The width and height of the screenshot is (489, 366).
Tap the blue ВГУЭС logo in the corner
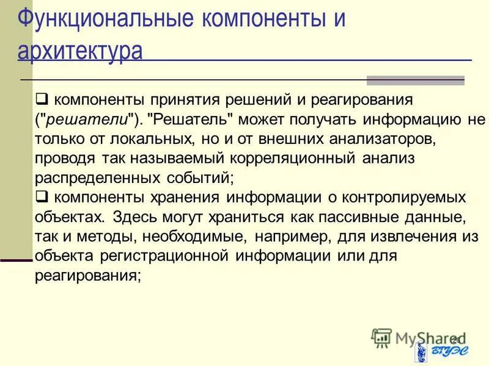(439, 352)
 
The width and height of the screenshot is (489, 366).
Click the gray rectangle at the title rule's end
(416, 81)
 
